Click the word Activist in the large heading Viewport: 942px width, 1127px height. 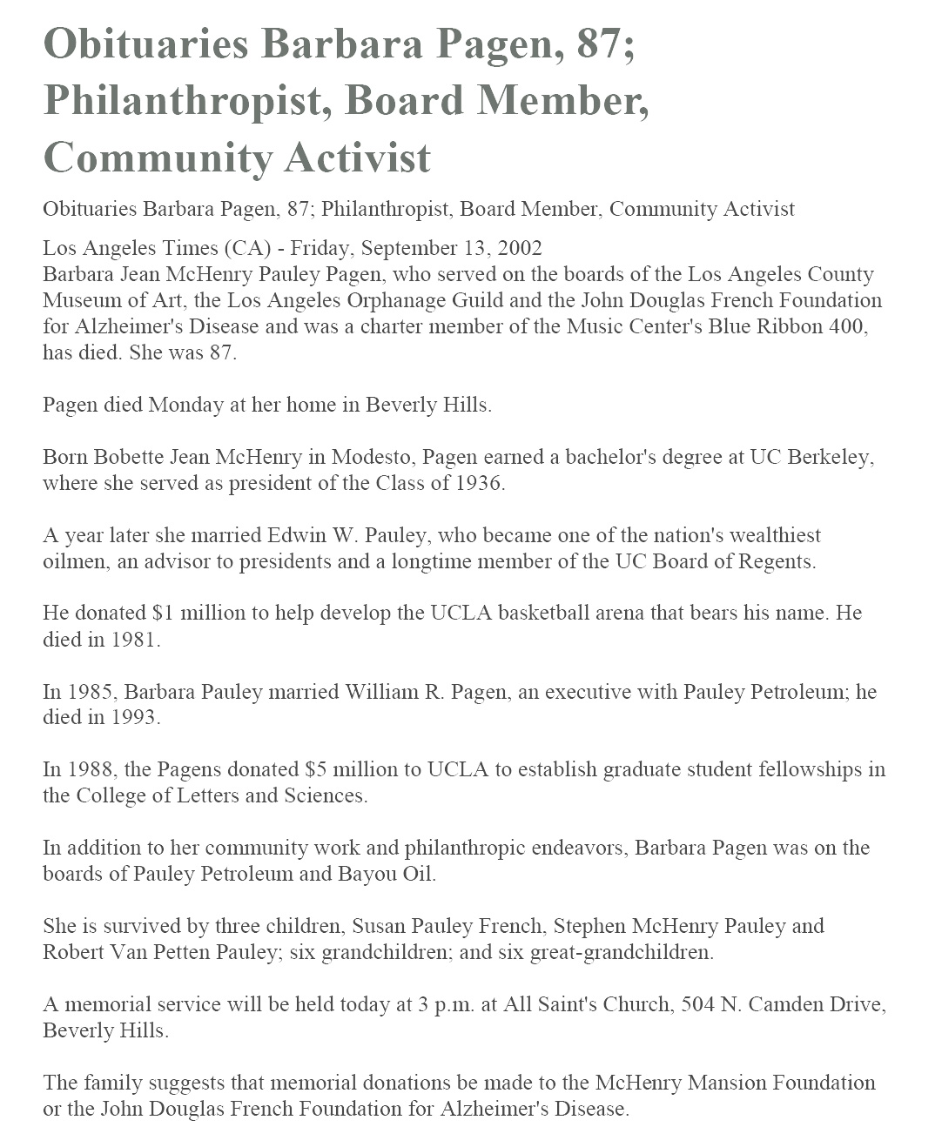[x=357, y=158]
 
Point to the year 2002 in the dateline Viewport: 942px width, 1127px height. [x=520, y=248]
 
